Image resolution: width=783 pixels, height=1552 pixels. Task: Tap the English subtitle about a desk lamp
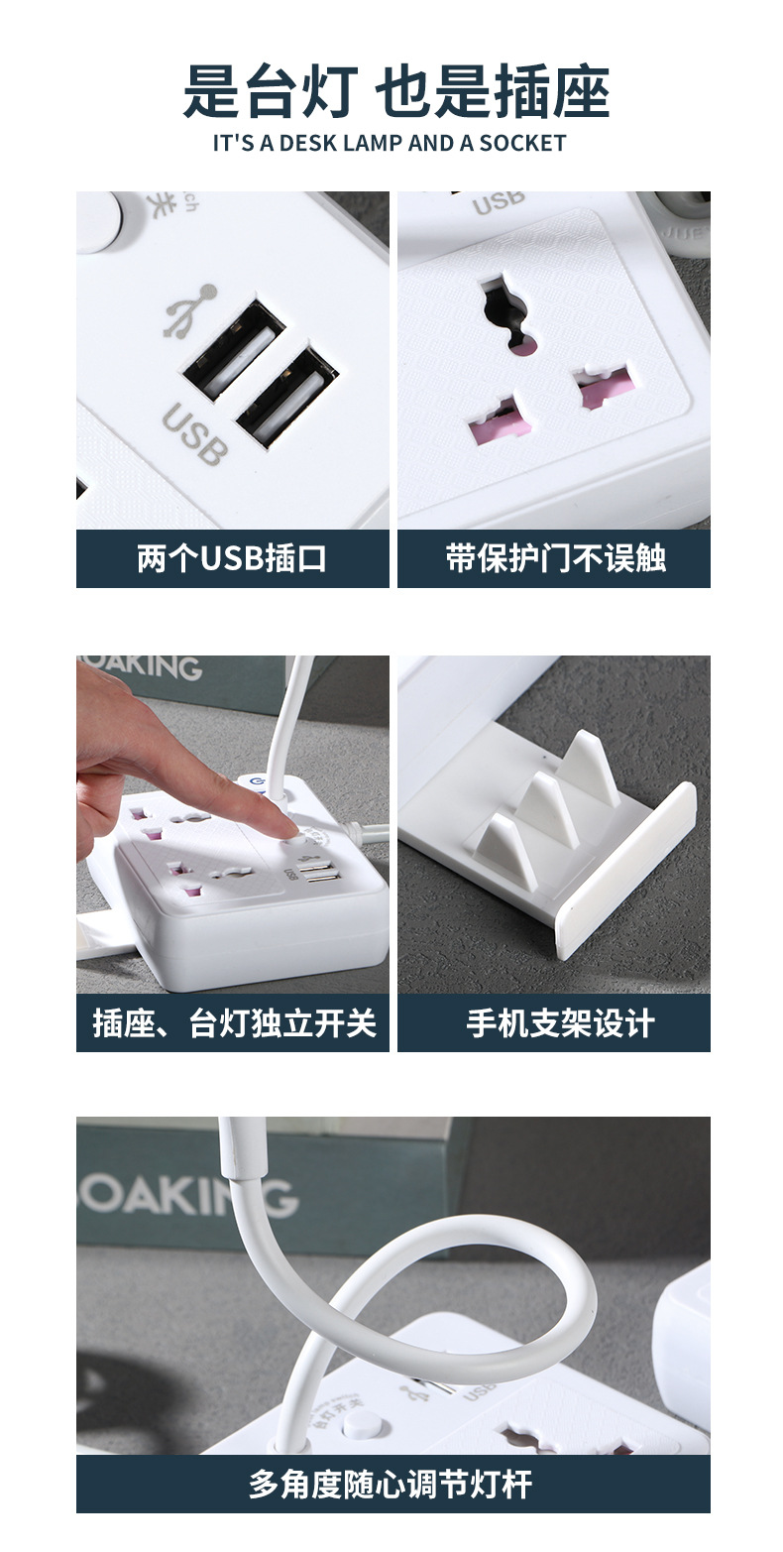390,143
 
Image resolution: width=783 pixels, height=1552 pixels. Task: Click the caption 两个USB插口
232,558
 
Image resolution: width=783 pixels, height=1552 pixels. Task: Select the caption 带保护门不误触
554,558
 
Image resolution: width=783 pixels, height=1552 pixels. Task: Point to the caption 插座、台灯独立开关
234,1022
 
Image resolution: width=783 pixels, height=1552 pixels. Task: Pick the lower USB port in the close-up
286,395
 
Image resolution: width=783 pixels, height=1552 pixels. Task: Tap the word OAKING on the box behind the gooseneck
187,1197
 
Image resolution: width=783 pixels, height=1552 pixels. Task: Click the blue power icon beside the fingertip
257,782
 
